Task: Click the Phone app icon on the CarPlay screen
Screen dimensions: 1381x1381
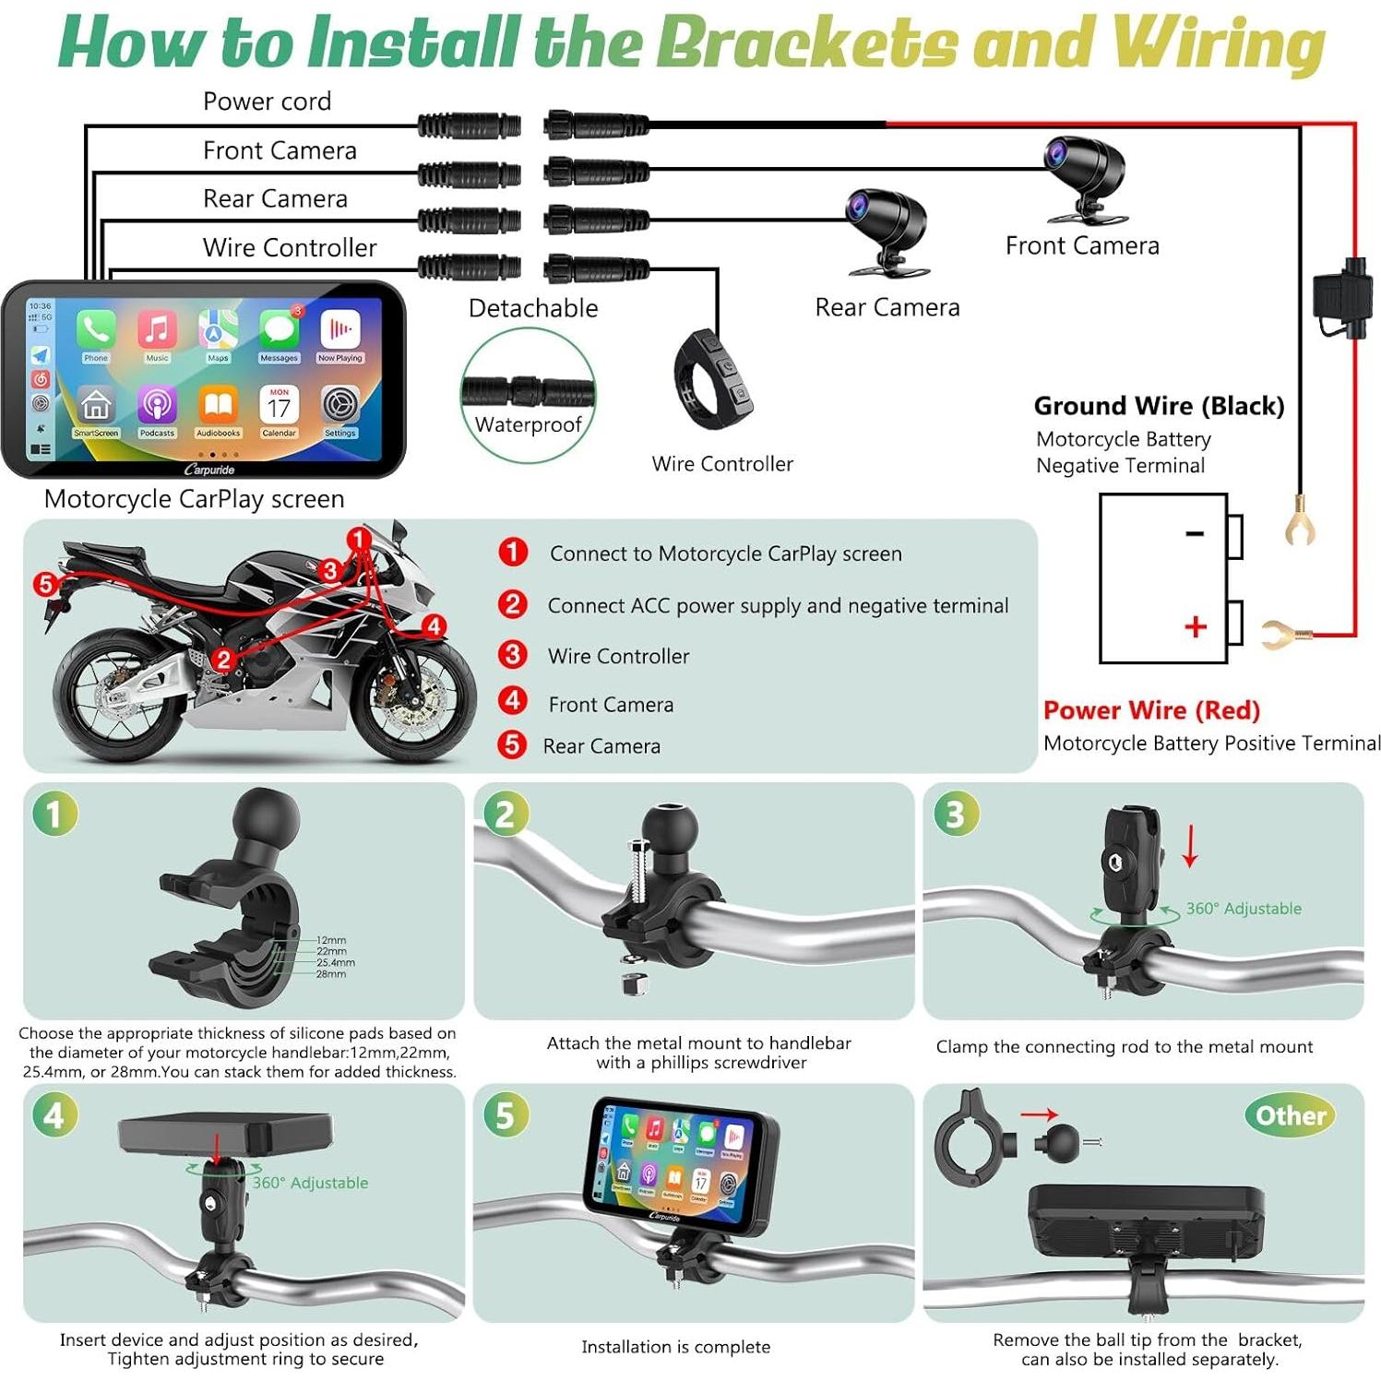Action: [x=96, y=330]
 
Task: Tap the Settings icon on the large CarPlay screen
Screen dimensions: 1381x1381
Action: [x=339, y=405]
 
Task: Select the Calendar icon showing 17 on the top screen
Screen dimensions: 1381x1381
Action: [x=279, y=405]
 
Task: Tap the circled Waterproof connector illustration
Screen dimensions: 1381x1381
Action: [x=528, y=394]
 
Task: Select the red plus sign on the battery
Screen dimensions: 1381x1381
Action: [x=1195, y=627]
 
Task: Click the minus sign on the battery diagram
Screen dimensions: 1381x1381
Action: [x=1195, y=533]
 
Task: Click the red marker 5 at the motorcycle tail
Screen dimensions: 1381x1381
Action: [x=45, y=583]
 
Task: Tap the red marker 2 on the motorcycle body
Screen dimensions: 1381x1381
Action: [x=223, y=659]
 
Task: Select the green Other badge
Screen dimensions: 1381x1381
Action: [x=1290, y=1115]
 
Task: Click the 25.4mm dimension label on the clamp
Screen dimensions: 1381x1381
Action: [x=335, y=962]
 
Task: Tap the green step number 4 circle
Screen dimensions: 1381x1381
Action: [x=54, y=1115]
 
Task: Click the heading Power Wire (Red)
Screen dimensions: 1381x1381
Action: [x=1151, y=710]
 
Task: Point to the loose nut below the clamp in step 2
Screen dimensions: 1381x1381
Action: [x=633, y=982]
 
